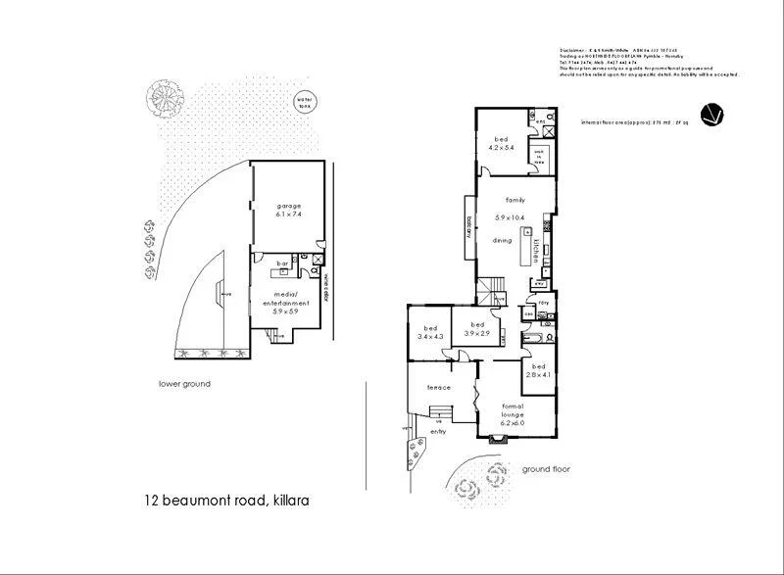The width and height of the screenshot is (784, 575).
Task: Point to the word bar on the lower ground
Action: tap(282, 264)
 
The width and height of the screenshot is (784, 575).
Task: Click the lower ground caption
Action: tap(184, 384)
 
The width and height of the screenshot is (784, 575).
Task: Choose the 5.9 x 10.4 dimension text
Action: tap(511, 216)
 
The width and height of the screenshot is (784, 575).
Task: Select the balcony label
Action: tap(469, 227)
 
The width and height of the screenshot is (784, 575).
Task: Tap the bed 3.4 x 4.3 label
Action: tap(429, 332)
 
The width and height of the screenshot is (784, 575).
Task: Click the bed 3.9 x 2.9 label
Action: tap(477, 329)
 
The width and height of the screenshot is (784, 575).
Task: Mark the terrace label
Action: tap(438, 388)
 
